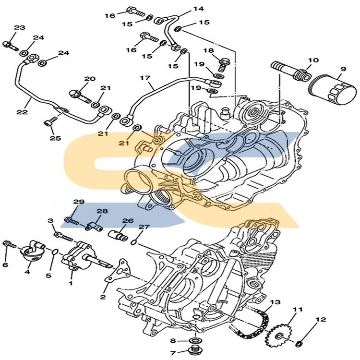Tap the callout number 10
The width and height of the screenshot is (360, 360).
coord(313,60)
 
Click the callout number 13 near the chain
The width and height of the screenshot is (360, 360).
coord(275,302)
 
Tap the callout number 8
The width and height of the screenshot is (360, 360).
coord(173,341)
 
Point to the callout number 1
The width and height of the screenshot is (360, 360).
coord(71,284)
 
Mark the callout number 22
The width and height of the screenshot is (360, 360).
coord(22,112)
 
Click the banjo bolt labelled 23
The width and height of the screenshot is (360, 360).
coord(9,45)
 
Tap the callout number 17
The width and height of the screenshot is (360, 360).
coord(146,78)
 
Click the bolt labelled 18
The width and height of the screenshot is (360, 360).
coord(222,63)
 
